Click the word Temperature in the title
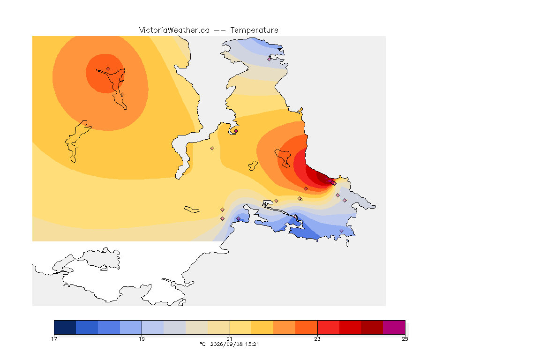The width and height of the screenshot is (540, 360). tap(254, 30)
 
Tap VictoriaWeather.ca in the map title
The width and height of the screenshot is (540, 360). tap(174, 30)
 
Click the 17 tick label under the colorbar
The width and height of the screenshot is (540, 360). tap(54, 339)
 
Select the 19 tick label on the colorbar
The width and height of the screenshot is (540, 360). tap(142, 339)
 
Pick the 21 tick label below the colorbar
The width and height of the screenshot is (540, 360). tap(230, 339)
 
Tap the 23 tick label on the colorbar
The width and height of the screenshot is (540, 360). tap(317, 339)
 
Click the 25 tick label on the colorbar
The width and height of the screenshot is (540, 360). tap(405, 339)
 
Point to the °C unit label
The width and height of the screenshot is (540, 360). tap(203, 344)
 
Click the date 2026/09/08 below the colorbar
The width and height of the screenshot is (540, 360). tap(225, 344)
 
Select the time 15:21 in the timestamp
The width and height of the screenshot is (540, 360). tap(251, 344)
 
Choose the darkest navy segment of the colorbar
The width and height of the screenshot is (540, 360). tap(65, 327)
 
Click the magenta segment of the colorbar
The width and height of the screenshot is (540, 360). tap(394, 327)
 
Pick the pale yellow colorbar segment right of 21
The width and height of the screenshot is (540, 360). tap(241, 327)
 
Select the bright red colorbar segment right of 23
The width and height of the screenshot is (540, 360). tap(328, 327)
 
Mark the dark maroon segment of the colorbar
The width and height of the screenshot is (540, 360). tap(372, 327)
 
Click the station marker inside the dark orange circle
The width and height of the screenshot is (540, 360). tap(108, 69)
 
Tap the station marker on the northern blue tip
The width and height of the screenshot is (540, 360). tap(270, 59)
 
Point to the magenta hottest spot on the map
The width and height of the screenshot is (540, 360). tap(329, 180)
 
